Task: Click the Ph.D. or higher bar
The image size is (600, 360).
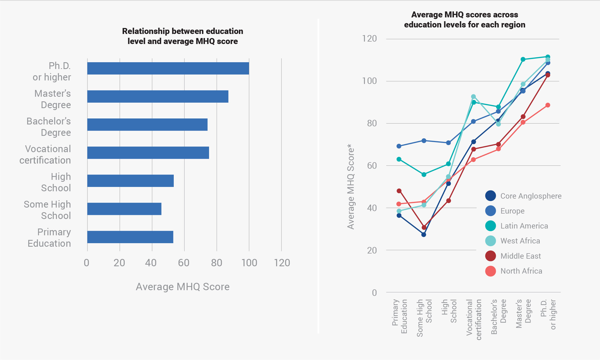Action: pos(168,68)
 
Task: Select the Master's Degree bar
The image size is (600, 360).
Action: pos(158,96)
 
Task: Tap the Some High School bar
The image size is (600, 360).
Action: pos(124,209)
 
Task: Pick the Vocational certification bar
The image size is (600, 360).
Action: pos(148,153)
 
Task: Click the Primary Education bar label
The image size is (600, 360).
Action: pos(49,238)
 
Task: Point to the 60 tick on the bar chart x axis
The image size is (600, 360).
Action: pos(184,263)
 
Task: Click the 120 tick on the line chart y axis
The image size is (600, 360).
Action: pos(369,39)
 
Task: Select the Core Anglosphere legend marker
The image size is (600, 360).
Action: pos(490,196)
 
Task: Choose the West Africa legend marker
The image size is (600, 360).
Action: pos(490,241)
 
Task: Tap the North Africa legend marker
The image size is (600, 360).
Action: pos(490,271)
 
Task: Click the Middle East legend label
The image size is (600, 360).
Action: pos(520,256)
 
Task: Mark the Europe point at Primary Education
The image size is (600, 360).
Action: pos(399,146)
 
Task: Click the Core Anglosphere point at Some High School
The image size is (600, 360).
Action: pos(424,234)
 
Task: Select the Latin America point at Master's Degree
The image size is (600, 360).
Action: pos(523,59)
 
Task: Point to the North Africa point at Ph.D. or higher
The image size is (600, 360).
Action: pos(548,105)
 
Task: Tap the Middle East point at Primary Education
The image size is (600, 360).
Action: pos(399,191)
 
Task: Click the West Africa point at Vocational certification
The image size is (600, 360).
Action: pos(473,97)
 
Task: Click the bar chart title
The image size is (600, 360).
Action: pos(182,36)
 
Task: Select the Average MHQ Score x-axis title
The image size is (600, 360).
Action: pos(182,287)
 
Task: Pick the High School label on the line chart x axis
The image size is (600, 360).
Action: pos(449,311)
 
